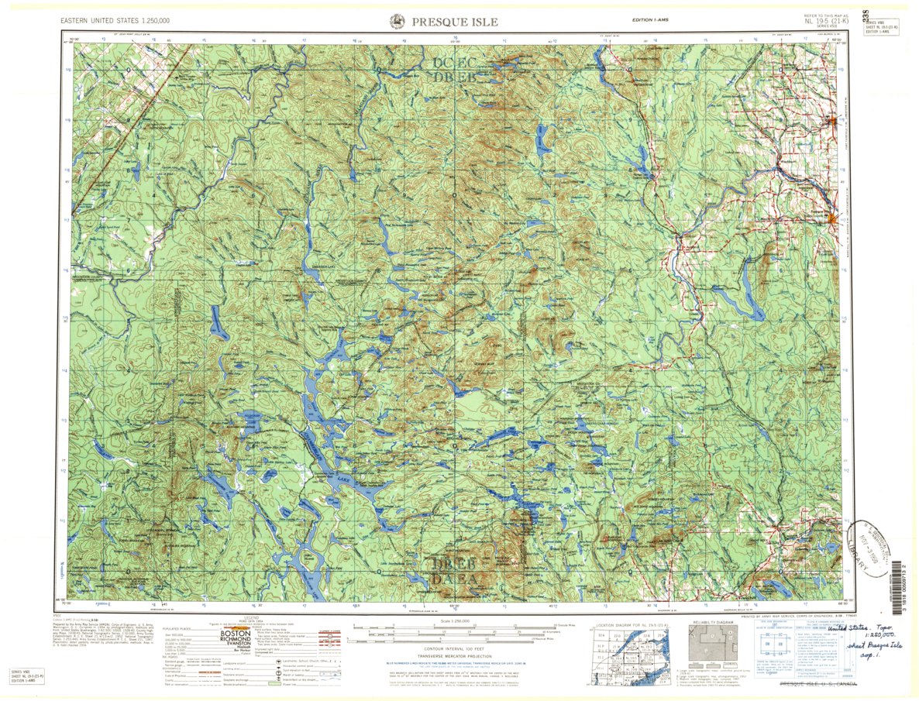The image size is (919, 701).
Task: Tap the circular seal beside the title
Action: click(397, 22)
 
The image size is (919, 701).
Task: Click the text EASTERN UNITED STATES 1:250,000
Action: click(116, 20)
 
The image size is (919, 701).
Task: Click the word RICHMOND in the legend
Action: click(237, 641)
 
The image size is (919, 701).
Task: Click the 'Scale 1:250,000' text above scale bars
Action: click(459, 622)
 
